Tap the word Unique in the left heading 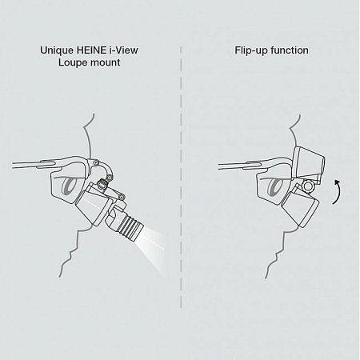point(57,50)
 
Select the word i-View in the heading point(123,50)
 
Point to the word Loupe point(72,63)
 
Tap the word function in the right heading point(290,50)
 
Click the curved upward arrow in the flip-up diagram point(338,192)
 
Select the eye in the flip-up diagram point(274,186)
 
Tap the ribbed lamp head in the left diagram point(130,223)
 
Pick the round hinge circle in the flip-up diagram point(308,186)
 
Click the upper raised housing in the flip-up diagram point(309,163)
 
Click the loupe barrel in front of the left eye point(94,204)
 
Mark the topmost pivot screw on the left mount point(96,162)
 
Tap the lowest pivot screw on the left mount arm point(122,198)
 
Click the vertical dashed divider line point(181,178)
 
